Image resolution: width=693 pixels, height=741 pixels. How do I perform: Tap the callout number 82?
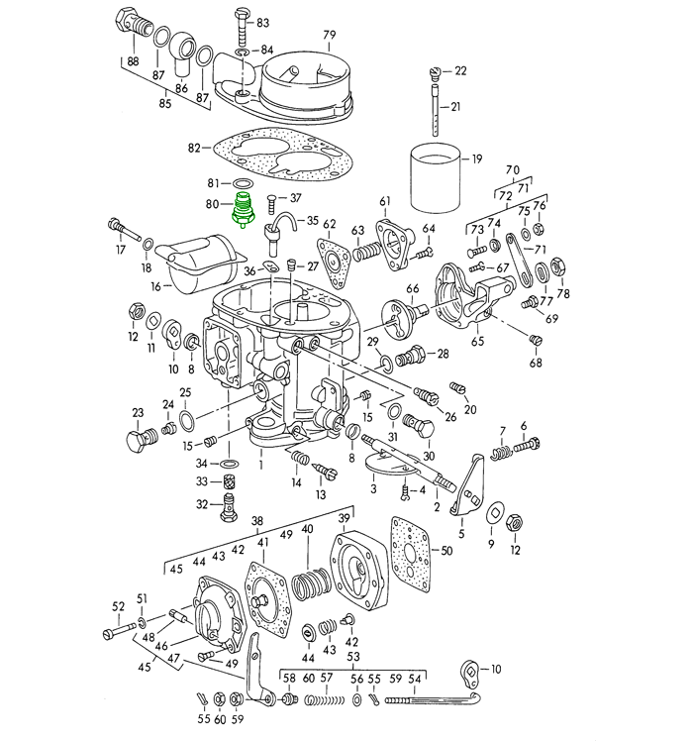click(x=194, y=149)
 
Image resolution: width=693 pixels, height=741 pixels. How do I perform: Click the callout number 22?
click(x=460, y=71)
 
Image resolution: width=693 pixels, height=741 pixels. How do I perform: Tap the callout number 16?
click(x=155, y=286)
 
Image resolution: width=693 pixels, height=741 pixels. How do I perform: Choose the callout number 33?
click(x=201, y=481)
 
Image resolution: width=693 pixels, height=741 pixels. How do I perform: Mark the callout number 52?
click(x=118, y=606)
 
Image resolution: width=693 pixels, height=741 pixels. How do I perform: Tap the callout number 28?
click(x=443, y=353)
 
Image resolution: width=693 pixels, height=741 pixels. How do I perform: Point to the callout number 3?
click(x=372, y=489)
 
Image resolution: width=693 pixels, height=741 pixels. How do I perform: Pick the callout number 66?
click(x=413, y=289)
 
